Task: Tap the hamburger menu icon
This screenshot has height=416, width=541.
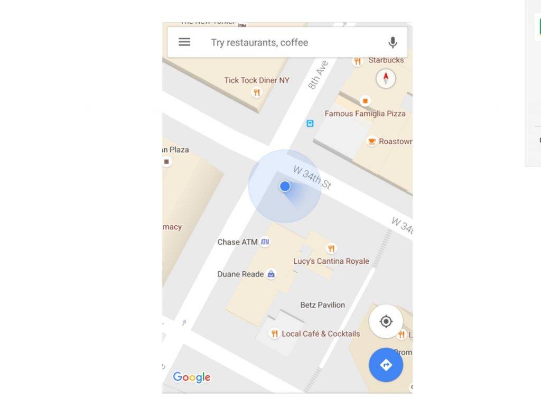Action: pyautogui.click(x=184, y=42)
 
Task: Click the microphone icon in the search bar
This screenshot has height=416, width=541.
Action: pyautogui.click(x=393, y=43)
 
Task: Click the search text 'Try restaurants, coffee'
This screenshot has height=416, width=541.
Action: pyautogui.click(x=259, y=43)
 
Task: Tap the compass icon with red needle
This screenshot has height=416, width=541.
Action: pyautogui.click(x=386, y=79)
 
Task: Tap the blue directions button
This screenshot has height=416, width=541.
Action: pyautogui.click(x=386, y=365)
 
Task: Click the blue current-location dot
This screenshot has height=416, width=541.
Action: pyautogui.click(x=285, y=186)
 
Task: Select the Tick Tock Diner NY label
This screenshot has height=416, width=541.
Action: pyautogui.click(x=257, y=80)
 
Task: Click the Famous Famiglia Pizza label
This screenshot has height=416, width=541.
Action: pyautogui.click(x=365, y=114)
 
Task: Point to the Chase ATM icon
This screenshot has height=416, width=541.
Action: pyautogui.click(x=265, y=242)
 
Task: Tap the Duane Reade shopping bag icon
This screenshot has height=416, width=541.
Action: pyautogui.click(x=271, y=274)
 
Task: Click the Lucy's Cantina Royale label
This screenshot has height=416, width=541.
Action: pyautogui.click(x=331, y=261)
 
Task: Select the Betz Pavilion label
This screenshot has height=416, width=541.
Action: pyautogui.click(x=322, y=305)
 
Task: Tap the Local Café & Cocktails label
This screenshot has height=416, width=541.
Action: pyautogui.click(x=321, y=334)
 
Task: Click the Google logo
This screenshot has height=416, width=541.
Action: pyautogui.click(x=192, y=377)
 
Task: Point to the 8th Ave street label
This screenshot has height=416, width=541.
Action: pyautogui.click(x=318, y=75)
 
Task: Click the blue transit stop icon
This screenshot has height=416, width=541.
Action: pyautogui.click(x=310, y=124)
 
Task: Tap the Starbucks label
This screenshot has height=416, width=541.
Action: pyautogui.click(x=386, y=60)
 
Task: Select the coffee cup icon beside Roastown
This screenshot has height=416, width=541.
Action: pyautogui.click(x=372, y=141)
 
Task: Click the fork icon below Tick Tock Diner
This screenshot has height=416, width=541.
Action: pyautogui.click(x=257, y=93)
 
